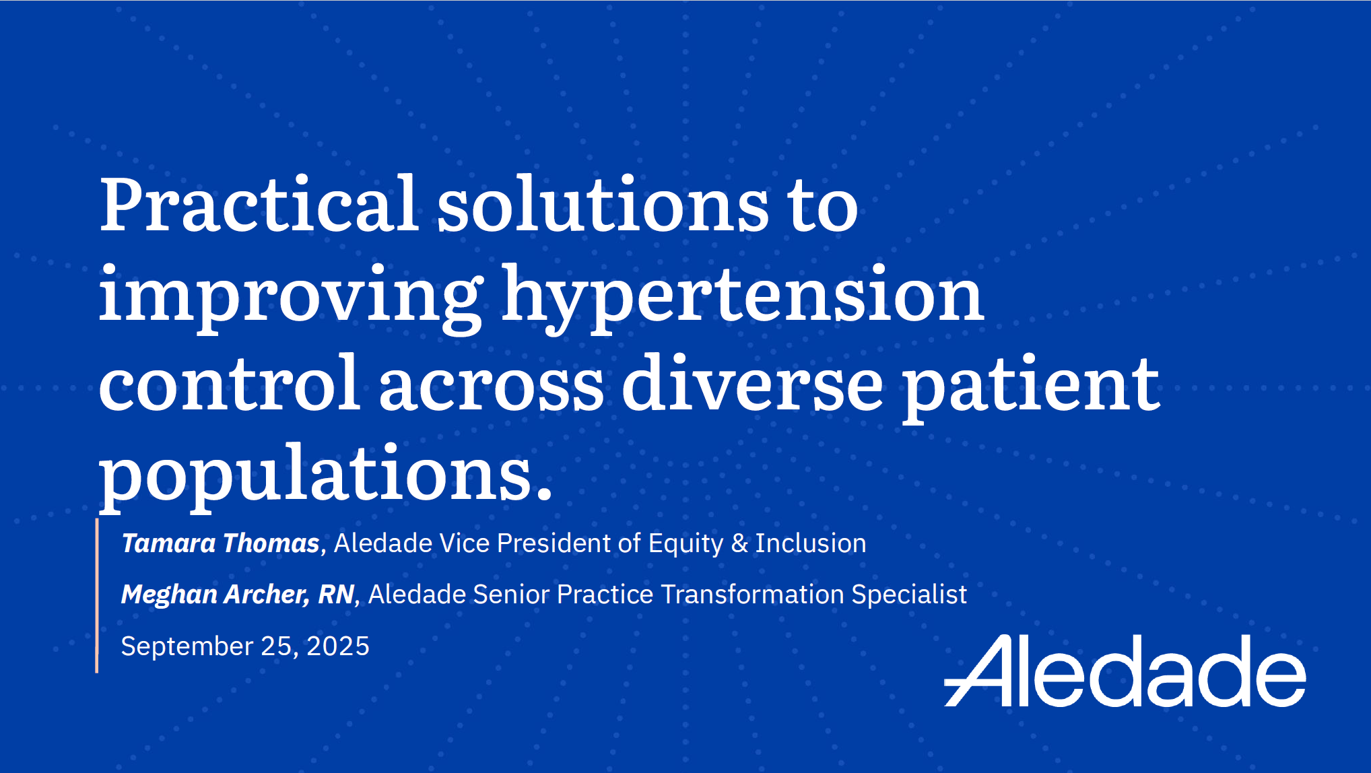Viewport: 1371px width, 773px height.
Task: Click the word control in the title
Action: tap(229, 382)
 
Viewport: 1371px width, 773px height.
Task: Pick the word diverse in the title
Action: tap(752, 382)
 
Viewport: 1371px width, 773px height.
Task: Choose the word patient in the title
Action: tap(1031, 388)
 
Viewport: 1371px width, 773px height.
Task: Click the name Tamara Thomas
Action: tap(220, 543)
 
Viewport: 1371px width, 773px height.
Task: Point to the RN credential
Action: tap(335, 595)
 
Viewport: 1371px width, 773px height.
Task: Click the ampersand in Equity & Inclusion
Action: tap(739, 543)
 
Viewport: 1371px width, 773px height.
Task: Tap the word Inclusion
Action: tap(811, 543)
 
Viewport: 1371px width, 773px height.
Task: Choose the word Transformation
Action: tap(752, 595)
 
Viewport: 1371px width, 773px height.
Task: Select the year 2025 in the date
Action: tap(338, 646)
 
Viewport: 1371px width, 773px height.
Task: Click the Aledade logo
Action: tap(1125, 671)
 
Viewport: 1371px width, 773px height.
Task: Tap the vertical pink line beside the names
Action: tap(97, 596)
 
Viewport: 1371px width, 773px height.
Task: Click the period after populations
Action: tap(545, 495)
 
